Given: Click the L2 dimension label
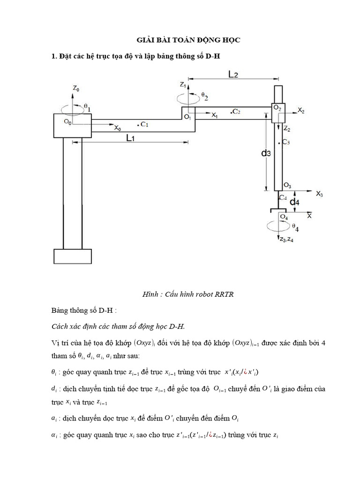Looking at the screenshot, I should (234, 74).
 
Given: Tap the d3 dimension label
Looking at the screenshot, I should (266, 153).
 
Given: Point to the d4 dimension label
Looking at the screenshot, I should (294, 202).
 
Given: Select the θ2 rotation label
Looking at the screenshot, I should (204, 96).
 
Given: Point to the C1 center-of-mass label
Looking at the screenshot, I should (143, 124).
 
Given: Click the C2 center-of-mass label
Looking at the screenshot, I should (235, 112).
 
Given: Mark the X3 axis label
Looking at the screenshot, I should (319, 193).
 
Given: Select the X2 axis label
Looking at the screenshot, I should (301, 111).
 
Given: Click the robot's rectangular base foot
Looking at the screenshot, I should (73, 256).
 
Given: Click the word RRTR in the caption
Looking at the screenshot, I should (225, 294).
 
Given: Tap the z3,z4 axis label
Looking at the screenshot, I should (285, 240).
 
